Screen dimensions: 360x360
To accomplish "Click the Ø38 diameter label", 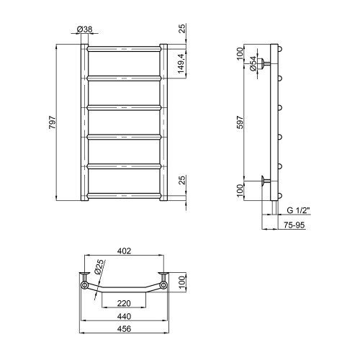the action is [84, 30].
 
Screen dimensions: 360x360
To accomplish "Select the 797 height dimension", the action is [53, 122].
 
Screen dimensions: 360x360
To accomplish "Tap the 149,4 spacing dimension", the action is [181, 63].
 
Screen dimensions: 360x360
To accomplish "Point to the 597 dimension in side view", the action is [240, 122].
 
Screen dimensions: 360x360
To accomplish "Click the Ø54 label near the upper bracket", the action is [253, 63].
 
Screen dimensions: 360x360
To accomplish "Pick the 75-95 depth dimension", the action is [294, 225].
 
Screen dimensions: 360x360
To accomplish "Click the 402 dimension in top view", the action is [125, 251].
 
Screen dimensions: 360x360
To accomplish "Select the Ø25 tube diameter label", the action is [99, 267].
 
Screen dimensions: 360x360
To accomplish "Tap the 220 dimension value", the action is [124, 303].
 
